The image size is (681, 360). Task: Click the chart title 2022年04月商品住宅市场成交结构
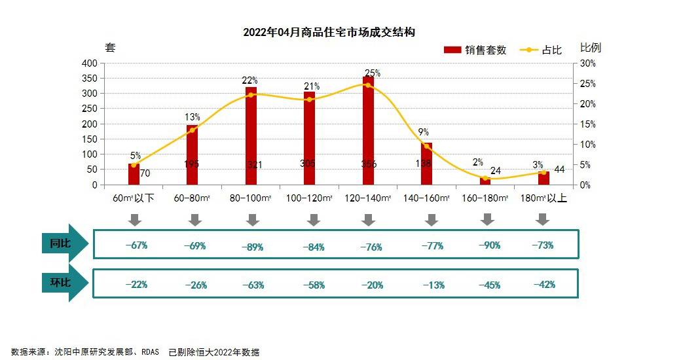click(329, 32)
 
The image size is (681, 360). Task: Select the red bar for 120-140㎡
click(368, 131)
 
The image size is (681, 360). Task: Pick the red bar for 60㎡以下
click(134, 175)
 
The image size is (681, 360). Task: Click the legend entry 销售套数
click(475, 50)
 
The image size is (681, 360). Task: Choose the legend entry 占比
click(541, 50)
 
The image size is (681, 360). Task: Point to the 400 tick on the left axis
click(89, 63)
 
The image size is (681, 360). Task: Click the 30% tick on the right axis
click(588, 63)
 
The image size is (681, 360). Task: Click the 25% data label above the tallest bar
click(373, 73)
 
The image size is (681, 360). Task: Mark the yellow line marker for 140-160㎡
click(426, 146)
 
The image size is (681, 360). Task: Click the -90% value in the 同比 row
click(489, 245)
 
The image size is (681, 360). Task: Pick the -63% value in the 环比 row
click(254, 285)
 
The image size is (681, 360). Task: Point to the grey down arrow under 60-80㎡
click(194, 220)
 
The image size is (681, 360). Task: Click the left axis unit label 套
click(110, 47)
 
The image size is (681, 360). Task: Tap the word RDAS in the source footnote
click(152, 352)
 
